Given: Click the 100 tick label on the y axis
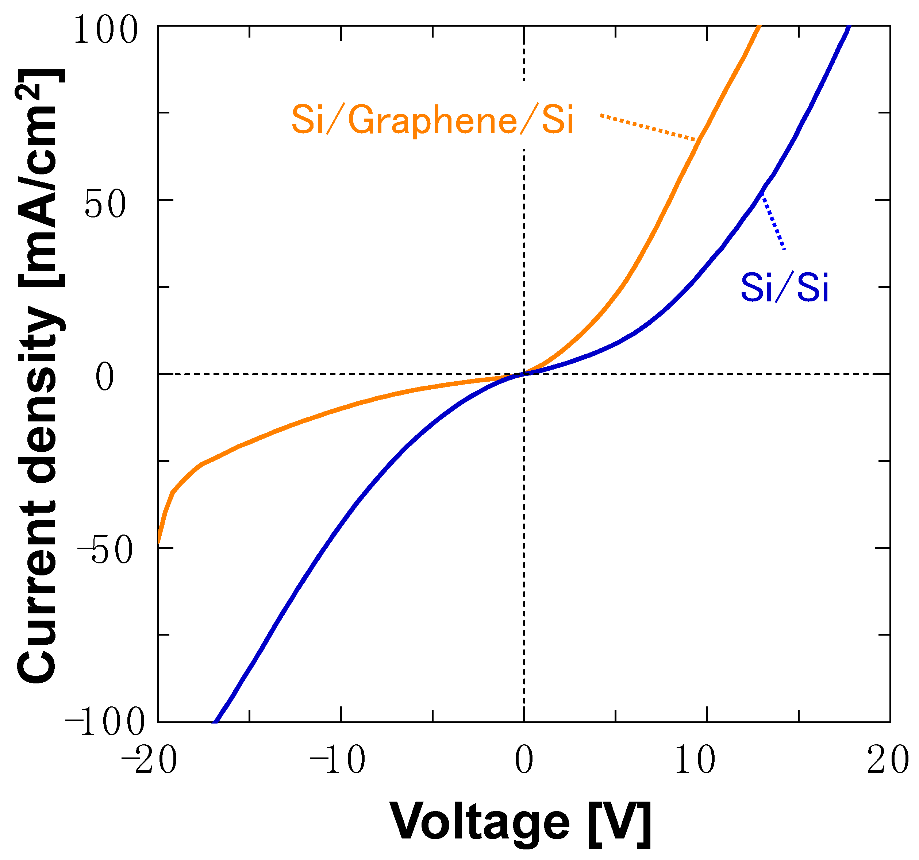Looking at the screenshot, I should (x=106, y=31).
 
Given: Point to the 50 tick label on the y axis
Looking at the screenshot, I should (x=105, y=205).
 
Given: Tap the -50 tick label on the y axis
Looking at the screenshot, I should (x=105, y=551).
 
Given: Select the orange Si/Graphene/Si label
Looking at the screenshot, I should (x=432, y=120).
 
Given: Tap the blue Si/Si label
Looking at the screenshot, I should (x=784, y=288).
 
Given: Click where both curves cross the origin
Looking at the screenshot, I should (x=524, y=373).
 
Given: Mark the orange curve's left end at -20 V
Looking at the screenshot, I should (x=158, y=541).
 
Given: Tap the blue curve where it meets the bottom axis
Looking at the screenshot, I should (x=215, y=721).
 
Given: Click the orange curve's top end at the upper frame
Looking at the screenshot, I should (x=758, y=28).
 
